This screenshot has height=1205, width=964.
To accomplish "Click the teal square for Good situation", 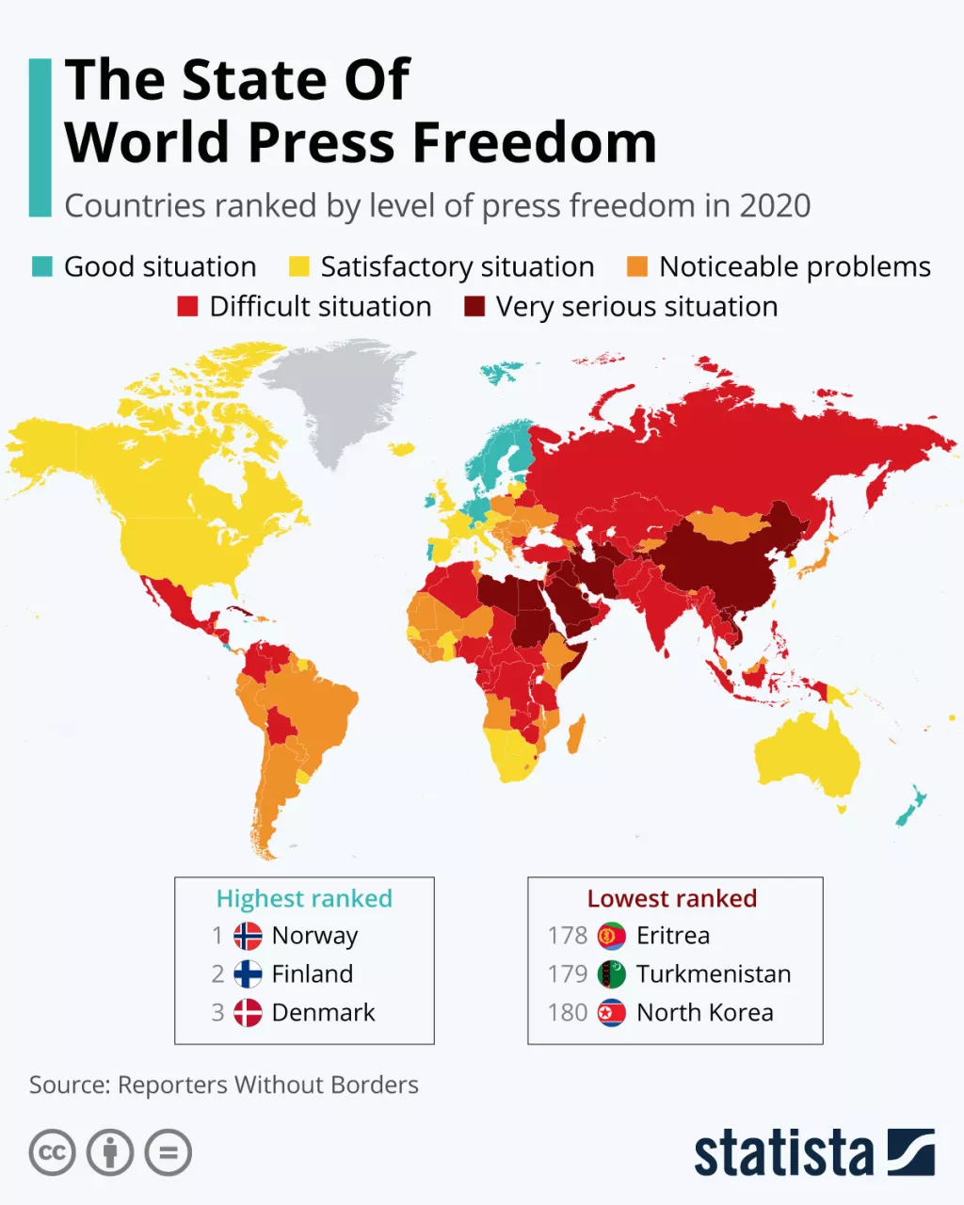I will pos(41,266).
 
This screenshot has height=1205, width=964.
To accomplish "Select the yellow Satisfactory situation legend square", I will pos(298,266).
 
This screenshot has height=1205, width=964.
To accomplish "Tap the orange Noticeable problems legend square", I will pos(637,266).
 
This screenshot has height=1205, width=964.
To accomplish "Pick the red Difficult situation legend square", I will pos(187,306).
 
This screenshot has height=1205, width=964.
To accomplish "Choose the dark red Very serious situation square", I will pos(474,306).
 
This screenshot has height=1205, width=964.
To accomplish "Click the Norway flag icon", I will pos(248,936).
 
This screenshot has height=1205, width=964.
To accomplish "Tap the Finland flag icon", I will pos(248,974).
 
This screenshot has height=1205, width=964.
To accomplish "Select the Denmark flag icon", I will pos(248,1013).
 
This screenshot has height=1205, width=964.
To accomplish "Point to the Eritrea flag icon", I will pos(612,936).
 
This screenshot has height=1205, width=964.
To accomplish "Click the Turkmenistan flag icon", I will pos(612,974).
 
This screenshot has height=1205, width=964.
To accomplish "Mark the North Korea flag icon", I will pos(612,1013).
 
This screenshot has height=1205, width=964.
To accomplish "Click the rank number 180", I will pos(567,1013).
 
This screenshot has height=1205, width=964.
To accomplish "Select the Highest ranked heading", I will pos(304,899).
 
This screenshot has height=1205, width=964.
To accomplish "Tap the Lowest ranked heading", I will pos(672,899).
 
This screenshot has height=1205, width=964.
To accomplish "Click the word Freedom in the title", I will pos(535,142).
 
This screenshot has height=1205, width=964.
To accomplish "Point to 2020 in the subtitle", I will pos(775,206).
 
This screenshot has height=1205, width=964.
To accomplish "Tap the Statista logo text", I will pos(783,1153).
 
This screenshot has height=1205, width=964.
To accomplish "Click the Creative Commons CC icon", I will pos(52,1152).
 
